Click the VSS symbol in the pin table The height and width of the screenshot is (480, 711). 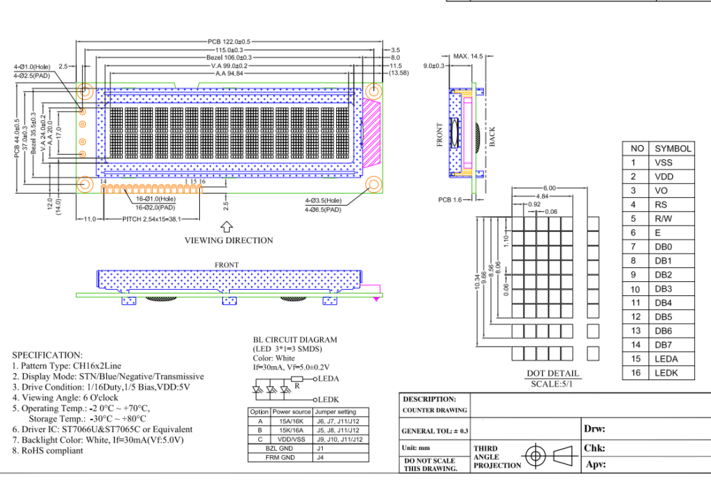pos(663,163)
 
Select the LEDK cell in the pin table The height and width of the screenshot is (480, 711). pos(664,373)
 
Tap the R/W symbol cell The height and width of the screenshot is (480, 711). pos(663,219)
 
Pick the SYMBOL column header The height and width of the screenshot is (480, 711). pos(673,149)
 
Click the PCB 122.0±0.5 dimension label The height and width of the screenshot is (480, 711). pos(228,42)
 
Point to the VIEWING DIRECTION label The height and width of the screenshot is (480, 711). pos(228,240)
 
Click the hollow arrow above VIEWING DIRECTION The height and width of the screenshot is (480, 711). pos(226,226)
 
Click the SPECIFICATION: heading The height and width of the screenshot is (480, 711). pos(47,354)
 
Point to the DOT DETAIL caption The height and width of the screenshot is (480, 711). pos(553,374)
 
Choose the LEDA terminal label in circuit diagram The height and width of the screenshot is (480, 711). pos(326,379)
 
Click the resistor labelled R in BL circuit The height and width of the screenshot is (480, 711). pos(296,379)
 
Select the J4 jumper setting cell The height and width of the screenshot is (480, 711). pos(320,457)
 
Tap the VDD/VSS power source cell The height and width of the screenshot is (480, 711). pos(291,439)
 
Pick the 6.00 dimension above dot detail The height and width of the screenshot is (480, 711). pos(549,188)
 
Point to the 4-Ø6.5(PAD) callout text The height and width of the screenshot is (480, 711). pos(324,209)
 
